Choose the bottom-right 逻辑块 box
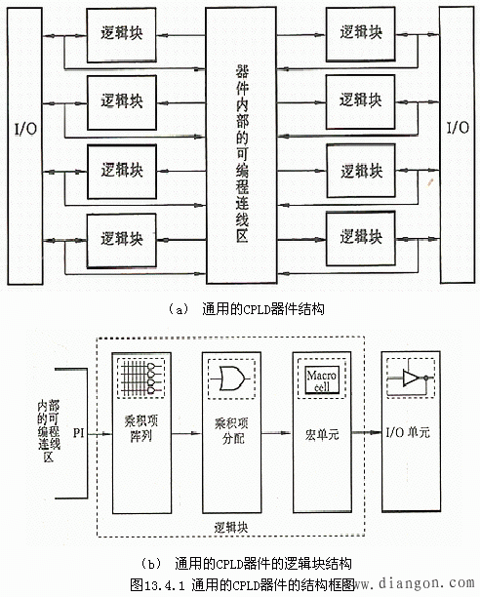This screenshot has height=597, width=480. pos(360,236)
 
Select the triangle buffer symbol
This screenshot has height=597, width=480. pos(409,378)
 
